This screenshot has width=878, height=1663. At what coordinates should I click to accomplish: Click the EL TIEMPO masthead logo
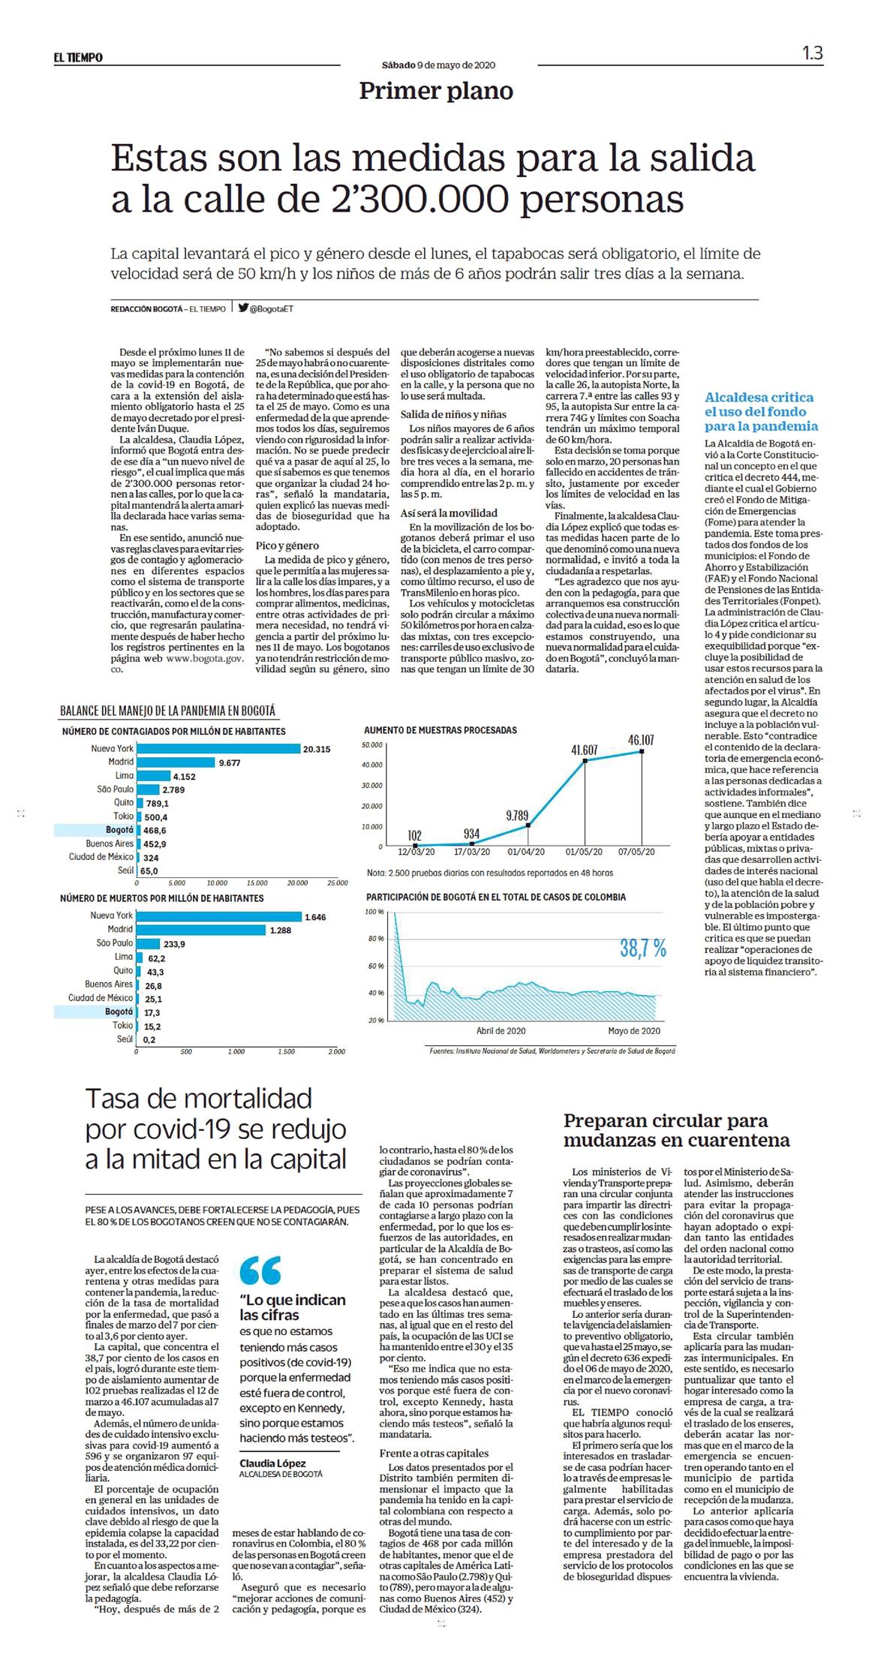[78, 57]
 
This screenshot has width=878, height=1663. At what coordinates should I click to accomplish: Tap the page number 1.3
[812, 53]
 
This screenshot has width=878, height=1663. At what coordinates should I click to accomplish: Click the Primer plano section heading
[436, 91]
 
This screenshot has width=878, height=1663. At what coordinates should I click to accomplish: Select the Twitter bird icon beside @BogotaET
[243, 308]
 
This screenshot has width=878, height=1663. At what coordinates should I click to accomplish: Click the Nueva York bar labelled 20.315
[218, 748]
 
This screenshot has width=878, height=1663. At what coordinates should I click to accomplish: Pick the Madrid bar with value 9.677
[176, 762]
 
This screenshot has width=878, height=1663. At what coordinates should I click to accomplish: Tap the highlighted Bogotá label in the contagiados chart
[120, 830]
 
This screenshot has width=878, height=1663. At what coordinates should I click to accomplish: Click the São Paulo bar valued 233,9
[149, 943]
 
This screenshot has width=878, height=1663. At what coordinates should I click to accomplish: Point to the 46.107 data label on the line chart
[641, 741]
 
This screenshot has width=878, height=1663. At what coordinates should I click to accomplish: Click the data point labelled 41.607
[585, 761]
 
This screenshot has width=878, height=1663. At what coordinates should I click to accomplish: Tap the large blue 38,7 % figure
[643, 948]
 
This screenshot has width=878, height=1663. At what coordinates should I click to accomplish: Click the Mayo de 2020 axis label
[634, 1031]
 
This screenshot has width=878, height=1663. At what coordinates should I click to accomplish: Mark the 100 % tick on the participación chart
[374, 912]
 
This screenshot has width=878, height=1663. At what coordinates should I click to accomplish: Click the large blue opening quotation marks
[260, 1270]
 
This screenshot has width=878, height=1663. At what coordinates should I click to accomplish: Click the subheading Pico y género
[287, 546]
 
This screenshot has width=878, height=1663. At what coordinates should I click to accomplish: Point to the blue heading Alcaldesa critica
[759, 397]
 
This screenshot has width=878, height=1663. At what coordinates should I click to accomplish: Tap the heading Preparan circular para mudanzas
[677, 1131]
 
